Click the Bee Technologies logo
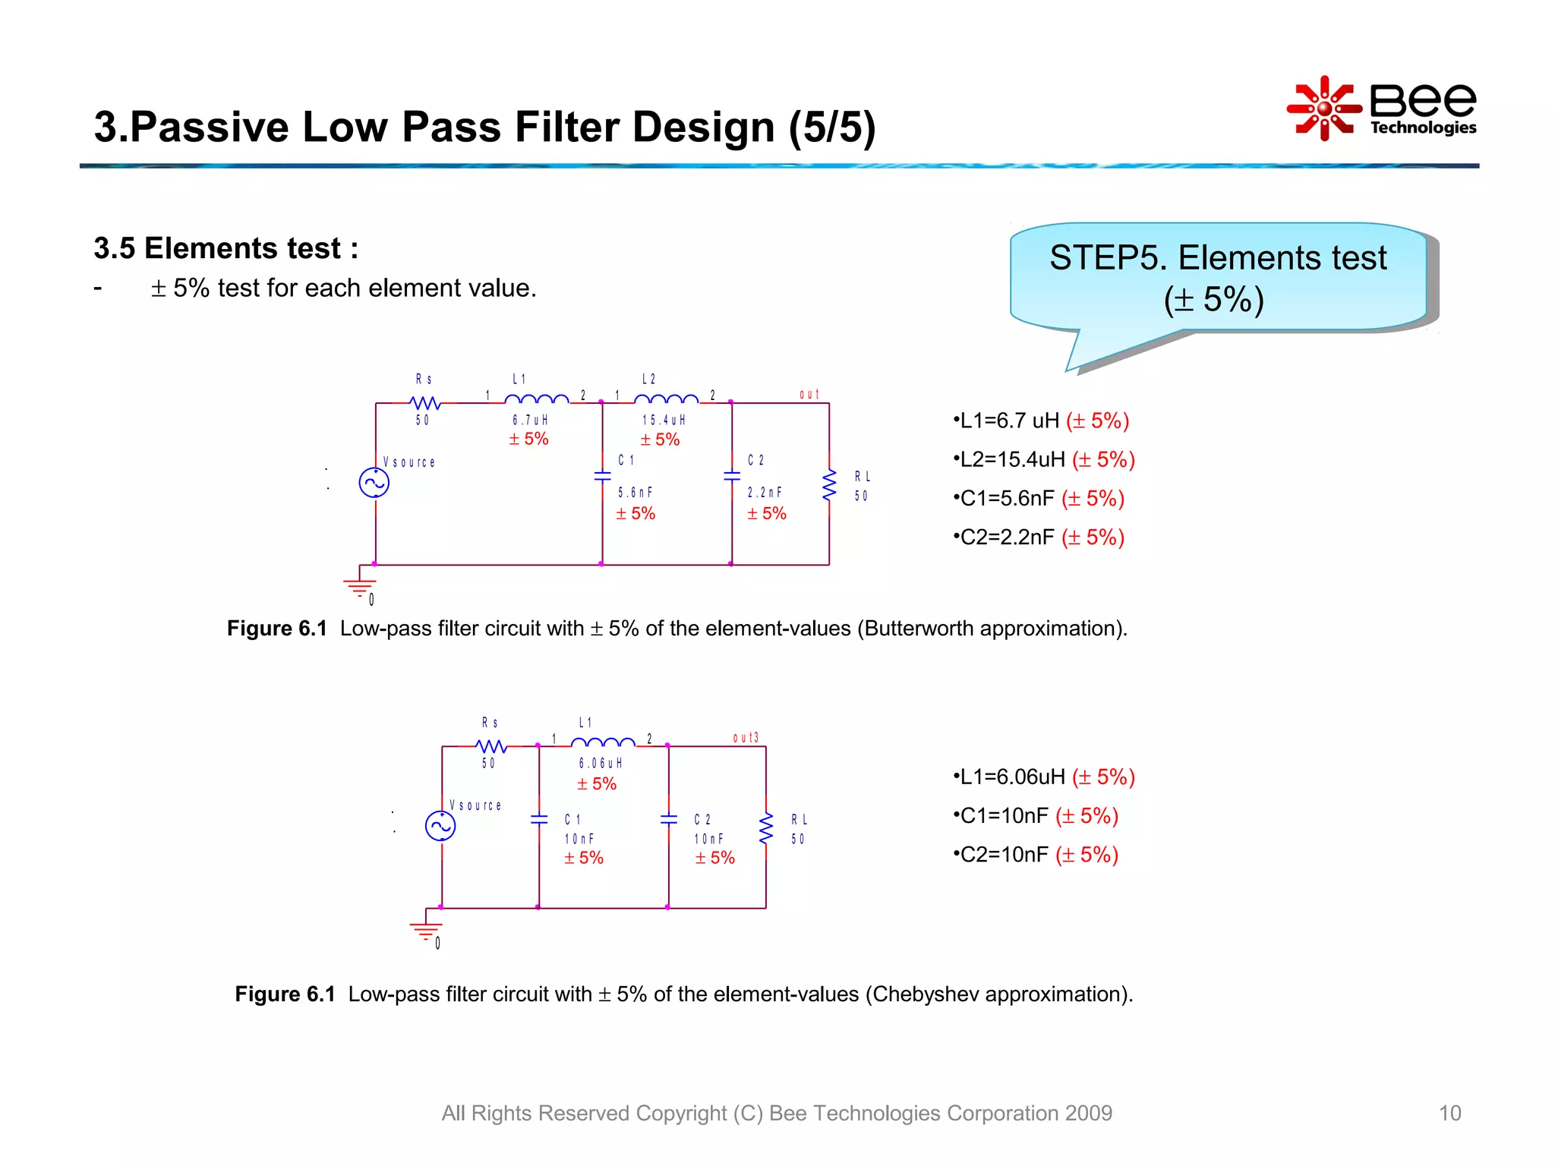(x=1382, y=109)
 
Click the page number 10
(x=1449, y=1113)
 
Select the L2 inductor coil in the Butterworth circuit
(x=666, y=399)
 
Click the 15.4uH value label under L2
(x=664, y=420)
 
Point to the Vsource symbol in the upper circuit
(x=374, y=483)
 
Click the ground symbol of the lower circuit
(x=425, y=930)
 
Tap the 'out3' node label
(x=745, y=737)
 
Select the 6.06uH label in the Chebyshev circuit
(x=600, y=763)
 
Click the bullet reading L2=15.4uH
(x=1044, y=459)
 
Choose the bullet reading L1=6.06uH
(x=1044, y=777)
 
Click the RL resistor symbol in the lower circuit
(x=766, y=827)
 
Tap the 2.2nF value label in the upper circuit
(x=764, y=493)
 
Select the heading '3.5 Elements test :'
(x=226, y=248)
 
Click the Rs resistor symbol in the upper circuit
(x=424, y=402)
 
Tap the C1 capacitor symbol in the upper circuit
(x=602, y=476)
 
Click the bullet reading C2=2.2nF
(x=1039, y=537)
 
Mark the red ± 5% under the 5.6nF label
(x=636, y=514)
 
